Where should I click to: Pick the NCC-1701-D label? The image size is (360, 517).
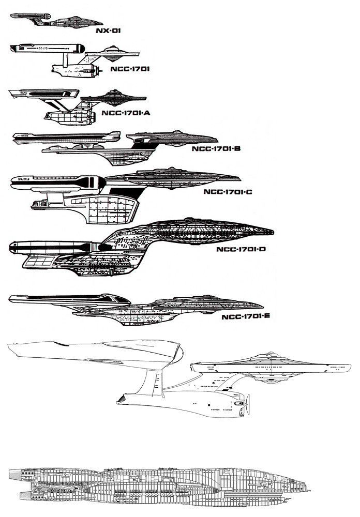tap(241, 250)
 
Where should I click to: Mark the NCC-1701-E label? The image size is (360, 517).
tap(245, 317)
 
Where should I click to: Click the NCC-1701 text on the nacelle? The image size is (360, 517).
tap(44, 48)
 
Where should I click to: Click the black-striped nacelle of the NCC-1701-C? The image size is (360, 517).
tap(57, 181)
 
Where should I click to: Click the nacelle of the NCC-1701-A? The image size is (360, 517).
tap(44, 94)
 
